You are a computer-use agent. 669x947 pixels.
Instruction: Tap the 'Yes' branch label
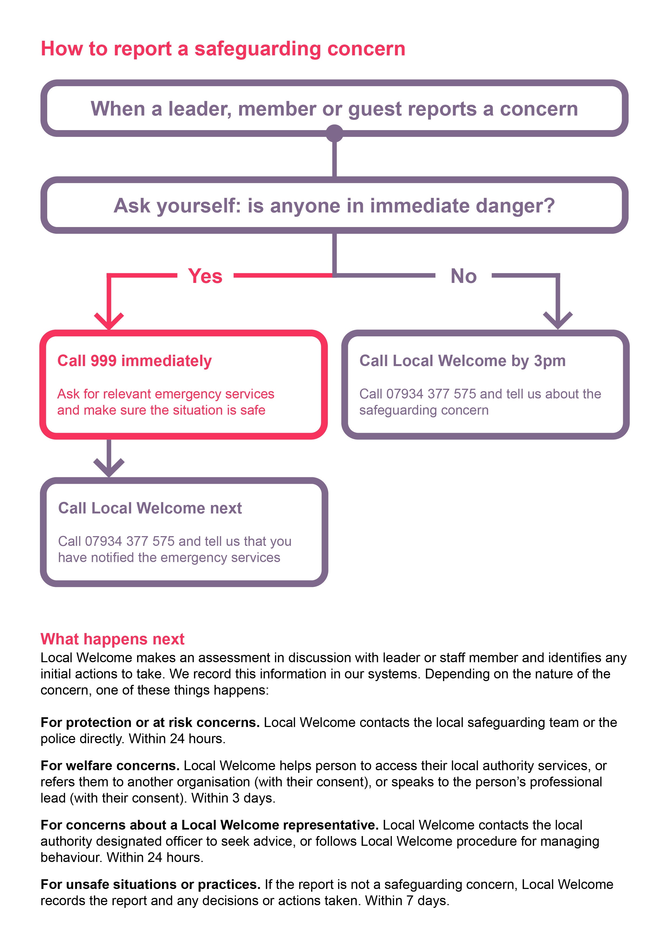205,276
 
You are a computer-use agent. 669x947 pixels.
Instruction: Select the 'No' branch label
463,276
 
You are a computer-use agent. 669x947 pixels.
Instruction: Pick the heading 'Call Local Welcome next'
150,508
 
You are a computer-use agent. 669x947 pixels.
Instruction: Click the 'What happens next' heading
112,639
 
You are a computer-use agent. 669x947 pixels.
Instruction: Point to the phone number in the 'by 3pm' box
431,394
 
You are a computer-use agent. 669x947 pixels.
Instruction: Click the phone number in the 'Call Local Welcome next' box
129,541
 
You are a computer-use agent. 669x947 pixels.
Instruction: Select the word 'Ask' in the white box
132,205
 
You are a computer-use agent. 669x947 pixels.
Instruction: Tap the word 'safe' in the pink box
253,410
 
